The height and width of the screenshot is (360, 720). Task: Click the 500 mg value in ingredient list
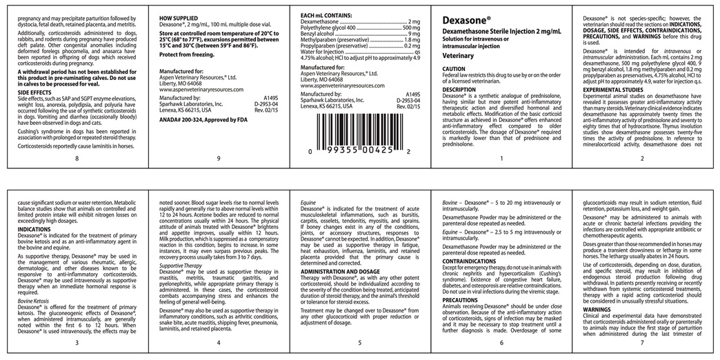click(411, 28)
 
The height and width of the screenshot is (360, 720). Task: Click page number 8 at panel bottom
click(77, 159)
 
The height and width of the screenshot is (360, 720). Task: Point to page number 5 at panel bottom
click(359, 343)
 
